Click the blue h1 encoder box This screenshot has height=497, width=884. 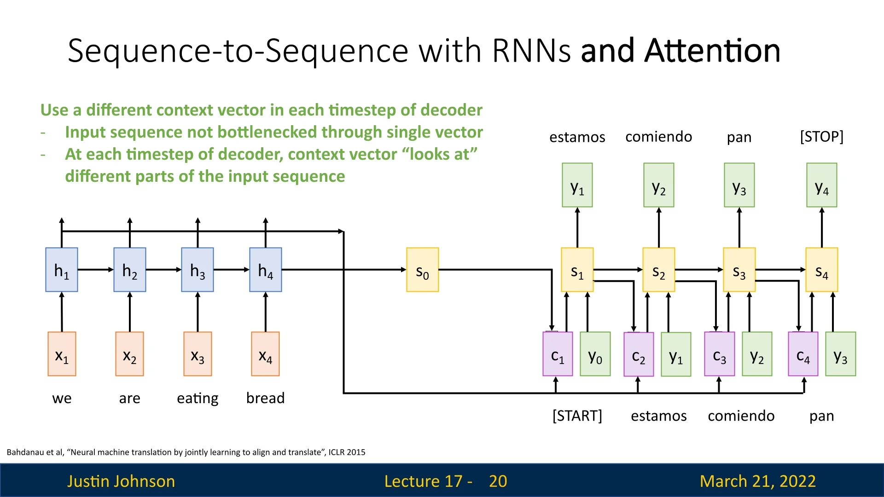tap(62, 270)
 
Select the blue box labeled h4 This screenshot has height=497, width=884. tap(266, 270)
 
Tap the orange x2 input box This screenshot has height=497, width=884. tap(130, 354)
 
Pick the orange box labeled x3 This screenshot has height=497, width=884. tap(198, 354)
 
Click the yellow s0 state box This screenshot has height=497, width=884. tap(422, 270)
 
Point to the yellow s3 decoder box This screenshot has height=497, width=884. tap(739, 270)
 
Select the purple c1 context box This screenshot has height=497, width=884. tap(558, 354)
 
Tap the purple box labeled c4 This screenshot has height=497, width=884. tap(803, 354)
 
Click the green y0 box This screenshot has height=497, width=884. tap(595, 354)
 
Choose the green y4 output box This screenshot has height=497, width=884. tap(822, 185)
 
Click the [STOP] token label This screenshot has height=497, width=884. tap(822, 137)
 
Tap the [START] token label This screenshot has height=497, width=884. tap(577, 416)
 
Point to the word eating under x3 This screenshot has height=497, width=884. tap(198, 398)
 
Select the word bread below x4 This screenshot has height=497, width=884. tap(266, 398)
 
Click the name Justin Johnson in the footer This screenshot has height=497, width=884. tap(121, 481)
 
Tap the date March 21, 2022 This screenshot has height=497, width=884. tap(758, 481)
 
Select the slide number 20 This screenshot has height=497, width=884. tap(498, 481)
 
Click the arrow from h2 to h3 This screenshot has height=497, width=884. tap(163, 270)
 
